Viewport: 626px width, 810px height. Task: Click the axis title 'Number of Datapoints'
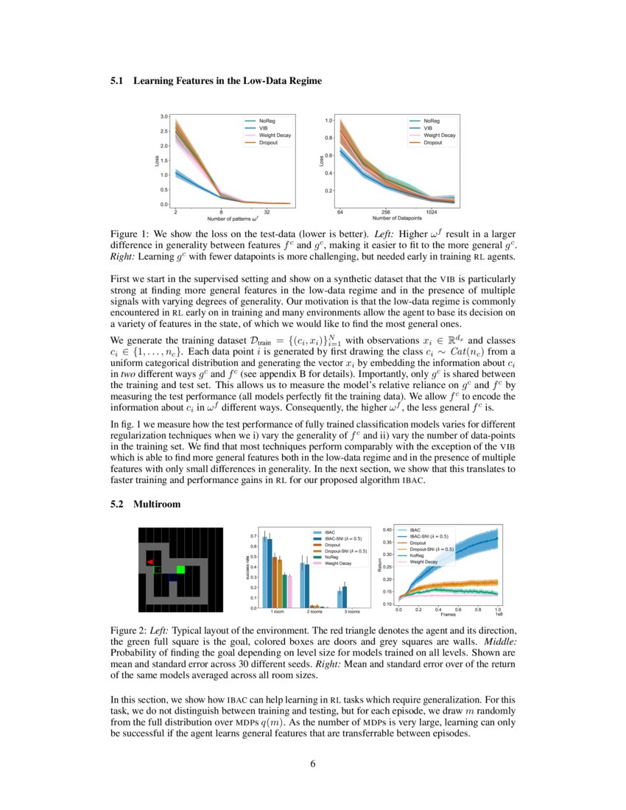point(398,218)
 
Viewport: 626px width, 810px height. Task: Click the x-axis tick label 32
point(267,211)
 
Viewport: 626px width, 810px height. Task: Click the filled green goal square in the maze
point(180,569)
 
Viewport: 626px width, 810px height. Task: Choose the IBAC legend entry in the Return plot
point(415,529)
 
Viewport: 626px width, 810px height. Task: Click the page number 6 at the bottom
point(313,763)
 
